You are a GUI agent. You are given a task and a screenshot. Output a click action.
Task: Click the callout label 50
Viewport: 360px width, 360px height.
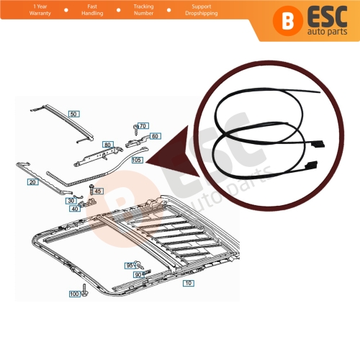(75, 114)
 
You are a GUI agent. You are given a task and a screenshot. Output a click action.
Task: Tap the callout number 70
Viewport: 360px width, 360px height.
(143, 126)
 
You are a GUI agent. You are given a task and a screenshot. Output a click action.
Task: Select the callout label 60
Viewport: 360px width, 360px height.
(156, 135)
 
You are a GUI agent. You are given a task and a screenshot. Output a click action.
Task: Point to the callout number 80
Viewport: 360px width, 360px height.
(107, 145)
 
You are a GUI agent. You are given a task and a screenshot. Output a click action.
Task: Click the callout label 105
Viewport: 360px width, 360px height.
(138, 160)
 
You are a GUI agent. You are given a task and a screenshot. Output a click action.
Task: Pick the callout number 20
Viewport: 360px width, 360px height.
(33, 182)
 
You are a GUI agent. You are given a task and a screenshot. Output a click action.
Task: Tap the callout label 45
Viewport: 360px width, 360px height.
(99, 191)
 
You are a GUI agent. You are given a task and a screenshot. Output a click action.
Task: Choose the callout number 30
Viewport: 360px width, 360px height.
(71, 201)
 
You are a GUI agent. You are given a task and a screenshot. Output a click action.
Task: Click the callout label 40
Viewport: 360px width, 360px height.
(76, 210)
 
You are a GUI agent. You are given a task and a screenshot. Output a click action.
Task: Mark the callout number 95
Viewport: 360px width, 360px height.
(130, 266)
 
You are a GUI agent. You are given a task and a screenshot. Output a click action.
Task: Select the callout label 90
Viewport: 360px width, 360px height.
(137, 274)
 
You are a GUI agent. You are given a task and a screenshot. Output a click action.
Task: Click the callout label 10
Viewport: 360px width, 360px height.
(189, 284)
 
